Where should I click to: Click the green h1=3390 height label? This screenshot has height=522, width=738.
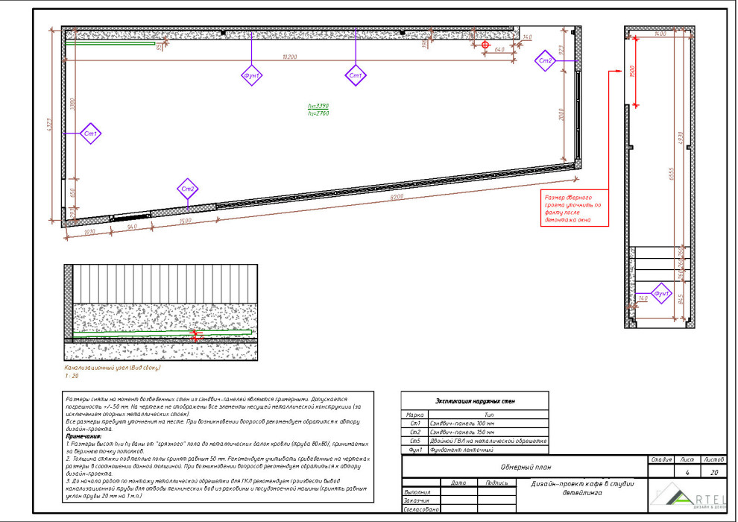pyautogui.click(x=318, y=106)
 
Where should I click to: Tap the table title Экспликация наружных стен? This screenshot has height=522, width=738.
pyautogui.click(x=474, y=401)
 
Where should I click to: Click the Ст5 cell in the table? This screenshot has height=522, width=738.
pyautogui.click(x=415, y=441)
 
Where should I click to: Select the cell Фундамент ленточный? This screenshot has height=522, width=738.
pyautogui.click(x=461, y=450)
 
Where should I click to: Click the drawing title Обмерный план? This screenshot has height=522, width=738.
pyautogui.click(x=526, y=468)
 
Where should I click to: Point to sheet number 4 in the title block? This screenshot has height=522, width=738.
pyautogui.click(x=686, y=473)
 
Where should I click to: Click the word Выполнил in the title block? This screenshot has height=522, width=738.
pyautogui.click(x=417, y=492)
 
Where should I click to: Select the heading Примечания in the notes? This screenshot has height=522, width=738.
pyautogui.click(x=83, y=435)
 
